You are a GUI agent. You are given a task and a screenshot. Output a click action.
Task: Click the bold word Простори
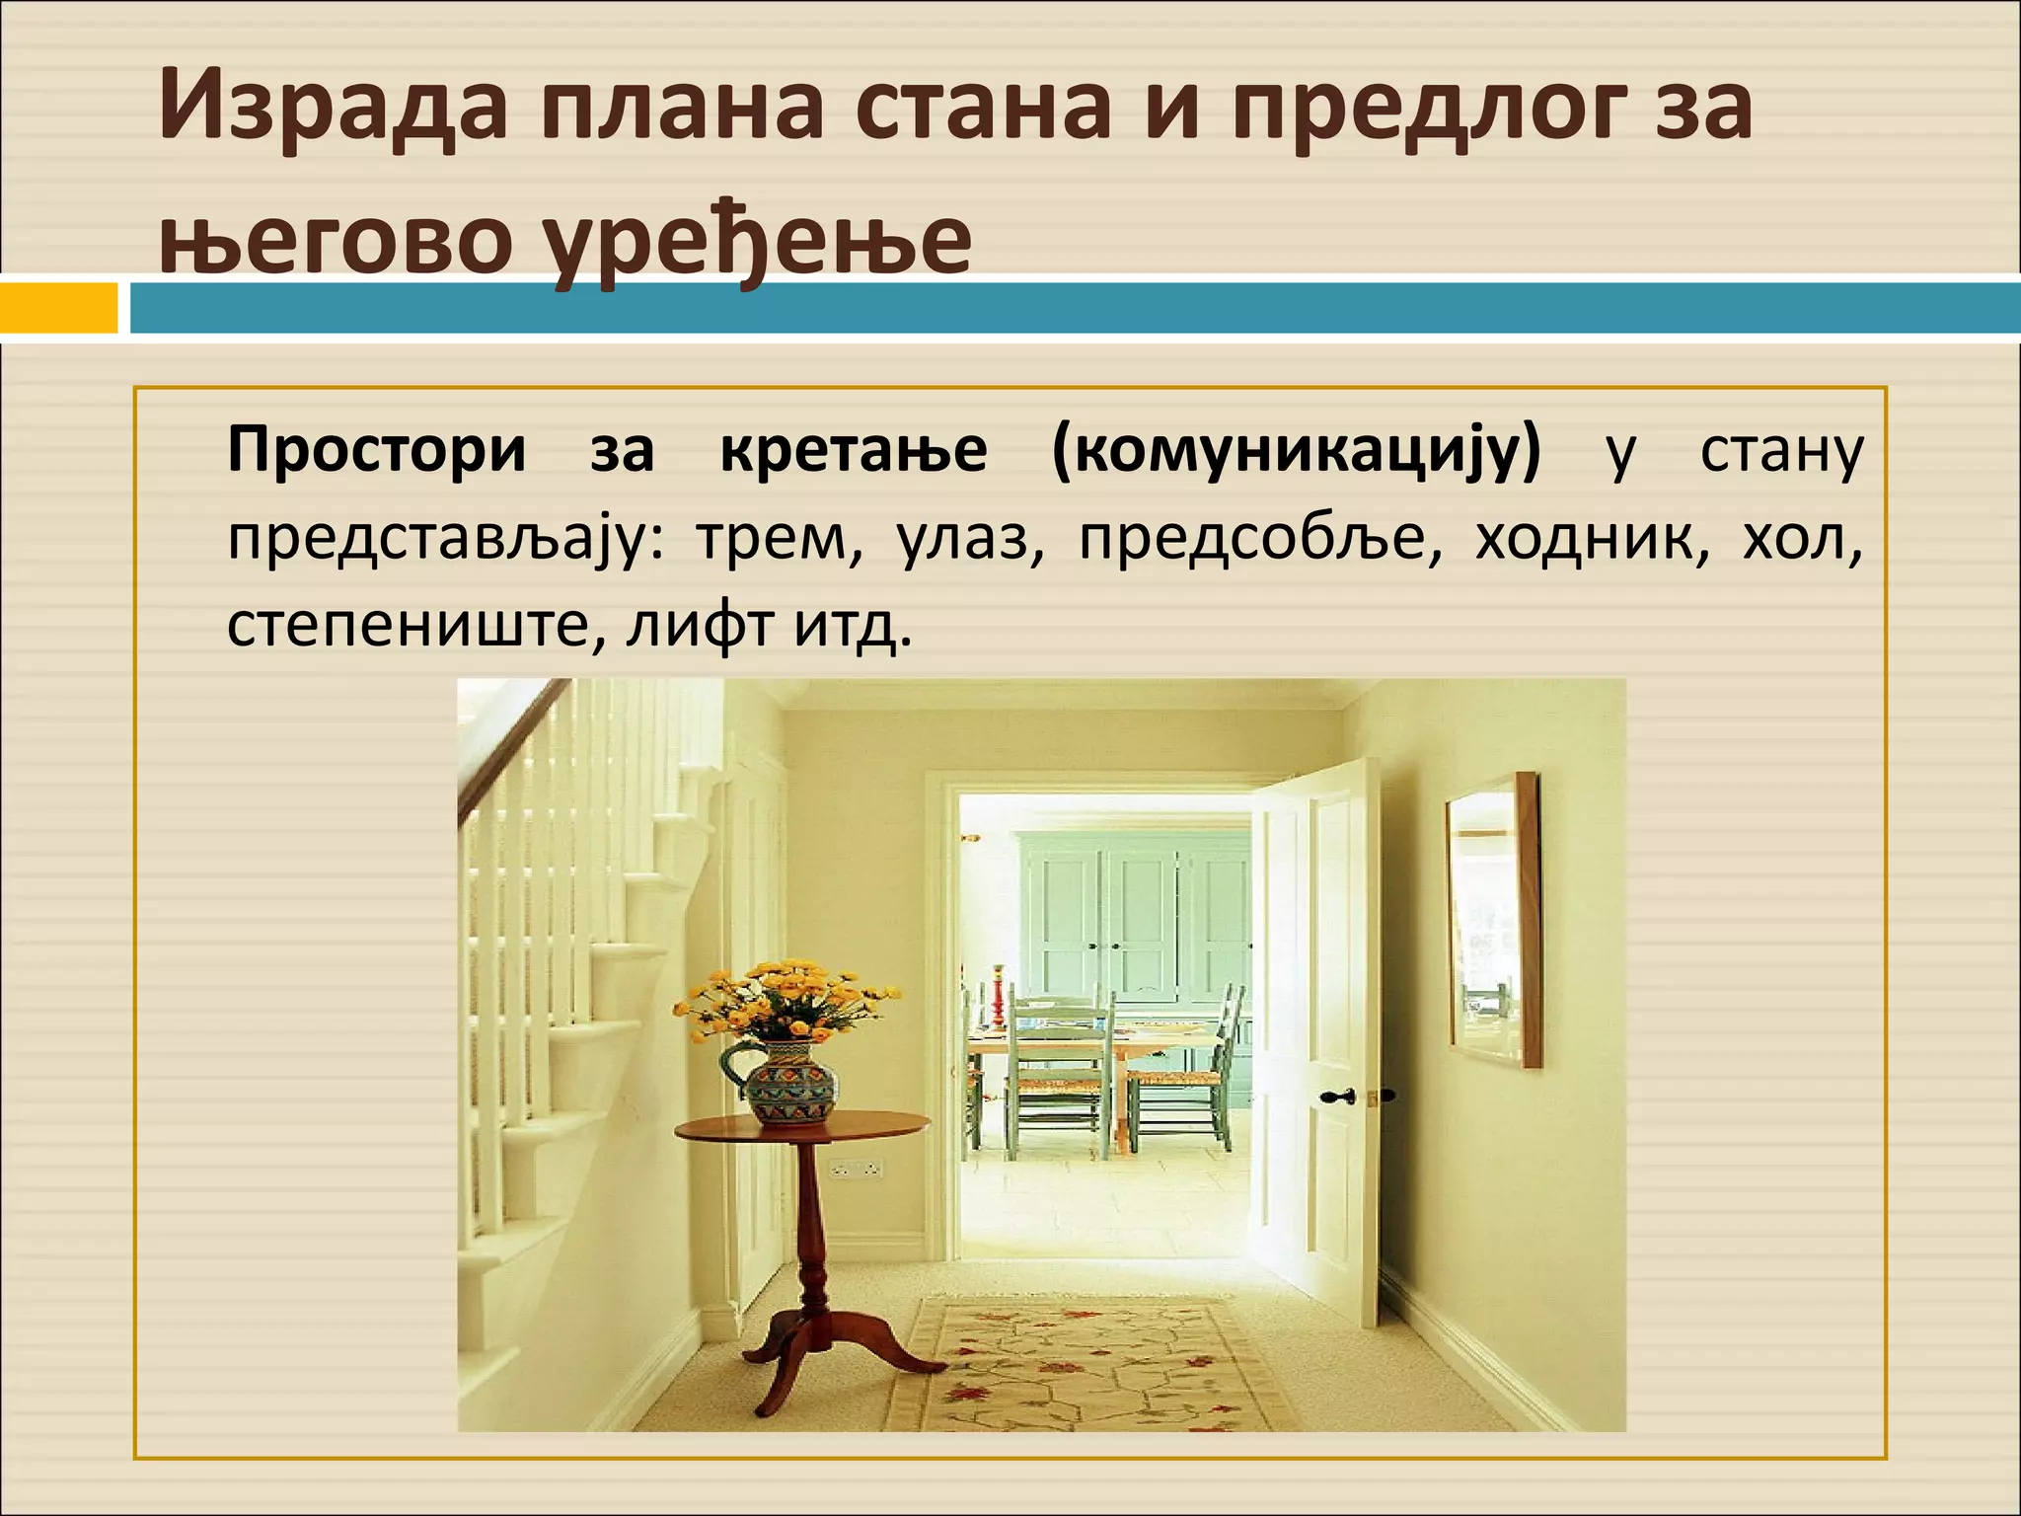pyautogui.click(x=376, y=451)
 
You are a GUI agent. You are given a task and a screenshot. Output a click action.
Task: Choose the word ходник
pyautogui.click(x=1591, y=540)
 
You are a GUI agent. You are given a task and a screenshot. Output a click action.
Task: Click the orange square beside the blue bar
pyautogui.click(x=57, y=308)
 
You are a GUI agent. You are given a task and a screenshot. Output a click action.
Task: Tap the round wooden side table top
pyautogui.click(x=801, y=1126)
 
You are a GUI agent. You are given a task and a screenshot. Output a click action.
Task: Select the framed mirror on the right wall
pyautogui.click(x=1492, y=920)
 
